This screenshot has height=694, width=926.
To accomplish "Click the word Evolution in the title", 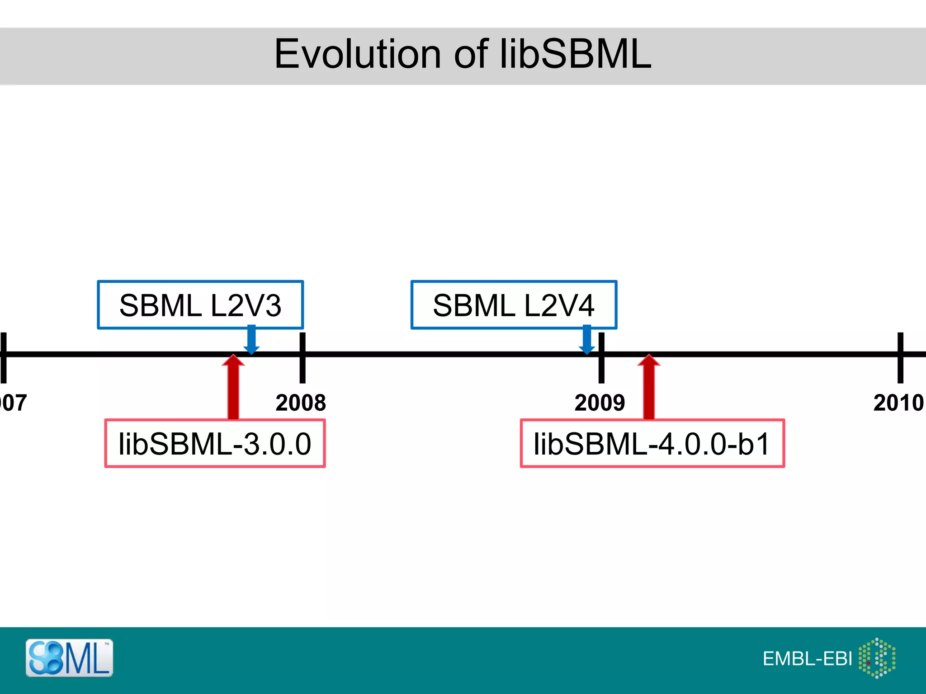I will (357, 54).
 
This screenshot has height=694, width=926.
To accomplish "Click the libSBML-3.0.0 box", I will (215, 444).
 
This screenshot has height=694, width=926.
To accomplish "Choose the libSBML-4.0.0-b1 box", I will (652, 444).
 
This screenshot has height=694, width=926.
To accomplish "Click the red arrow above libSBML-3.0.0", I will (233, 386).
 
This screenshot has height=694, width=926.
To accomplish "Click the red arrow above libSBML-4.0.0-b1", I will (649, 386).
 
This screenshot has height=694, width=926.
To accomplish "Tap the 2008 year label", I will (301, 403).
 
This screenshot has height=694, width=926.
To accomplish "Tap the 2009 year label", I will (600, 403).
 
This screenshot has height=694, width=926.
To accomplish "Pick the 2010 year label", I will (898, 403).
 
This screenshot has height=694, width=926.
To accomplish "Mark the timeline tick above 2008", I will (302, 357).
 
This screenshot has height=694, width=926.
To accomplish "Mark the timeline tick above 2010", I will (900, 357).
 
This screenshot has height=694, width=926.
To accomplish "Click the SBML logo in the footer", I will (69, 658).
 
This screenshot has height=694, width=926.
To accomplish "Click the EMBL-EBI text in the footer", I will (807, 659).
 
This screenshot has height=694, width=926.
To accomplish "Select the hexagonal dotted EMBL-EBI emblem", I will (877, 658).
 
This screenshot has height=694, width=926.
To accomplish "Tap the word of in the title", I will (471, 54).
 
